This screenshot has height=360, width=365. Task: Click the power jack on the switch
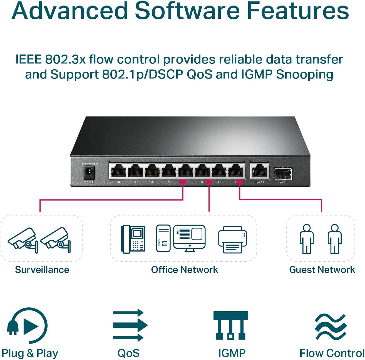[x=89, y=173]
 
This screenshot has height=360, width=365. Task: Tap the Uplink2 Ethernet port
[x=259, y=171]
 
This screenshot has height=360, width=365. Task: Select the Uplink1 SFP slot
[x=283, y=174]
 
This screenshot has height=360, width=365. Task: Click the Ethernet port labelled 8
[x=119, y=171]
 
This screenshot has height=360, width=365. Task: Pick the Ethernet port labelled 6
[x=152, y=171]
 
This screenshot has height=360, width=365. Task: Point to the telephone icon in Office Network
[x=133, y=239]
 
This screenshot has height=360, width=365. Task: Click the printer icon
[x=233, y=240]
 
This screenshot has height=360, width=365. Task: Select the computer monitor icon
[x=190, y=238]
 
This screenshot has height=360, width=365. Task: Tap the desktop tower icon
[x=163, y=238]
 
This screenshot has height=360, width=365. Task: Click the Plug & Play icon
[x=28, y=325]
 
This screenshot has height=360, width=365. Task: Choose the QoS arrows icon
[x=130, y=325]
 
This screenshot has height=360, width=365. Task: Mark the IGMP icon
[x=230, y=325]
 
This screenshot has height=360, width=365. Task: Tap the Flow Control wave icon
[x=331, y=327]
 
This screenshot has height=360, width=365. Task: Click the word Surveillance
[x=42, y=270]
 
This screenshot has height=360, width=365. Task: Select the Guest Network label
[x=322, y=270]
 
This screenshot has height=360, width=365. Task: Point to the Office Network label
[x=184, y=270]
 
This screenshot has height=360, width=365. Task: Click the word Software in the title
[x=187, y=11]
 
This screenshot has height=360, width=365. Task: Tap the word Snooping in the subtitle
[x=305, y=75]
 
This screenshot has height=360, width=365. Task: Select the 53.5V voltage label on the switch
[x=85, y=164]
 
